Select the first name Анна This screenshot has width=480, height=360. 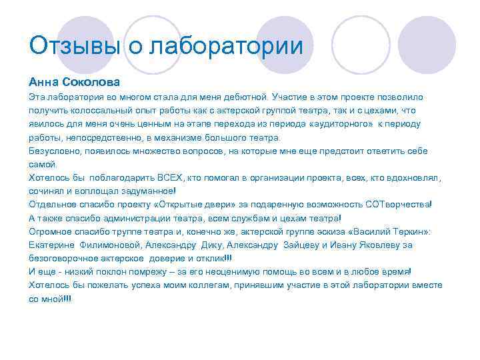[43, 82]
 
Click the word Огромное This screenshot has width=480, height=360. [52, 231]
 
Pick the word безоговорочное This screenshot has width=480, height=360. [65, 258]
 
